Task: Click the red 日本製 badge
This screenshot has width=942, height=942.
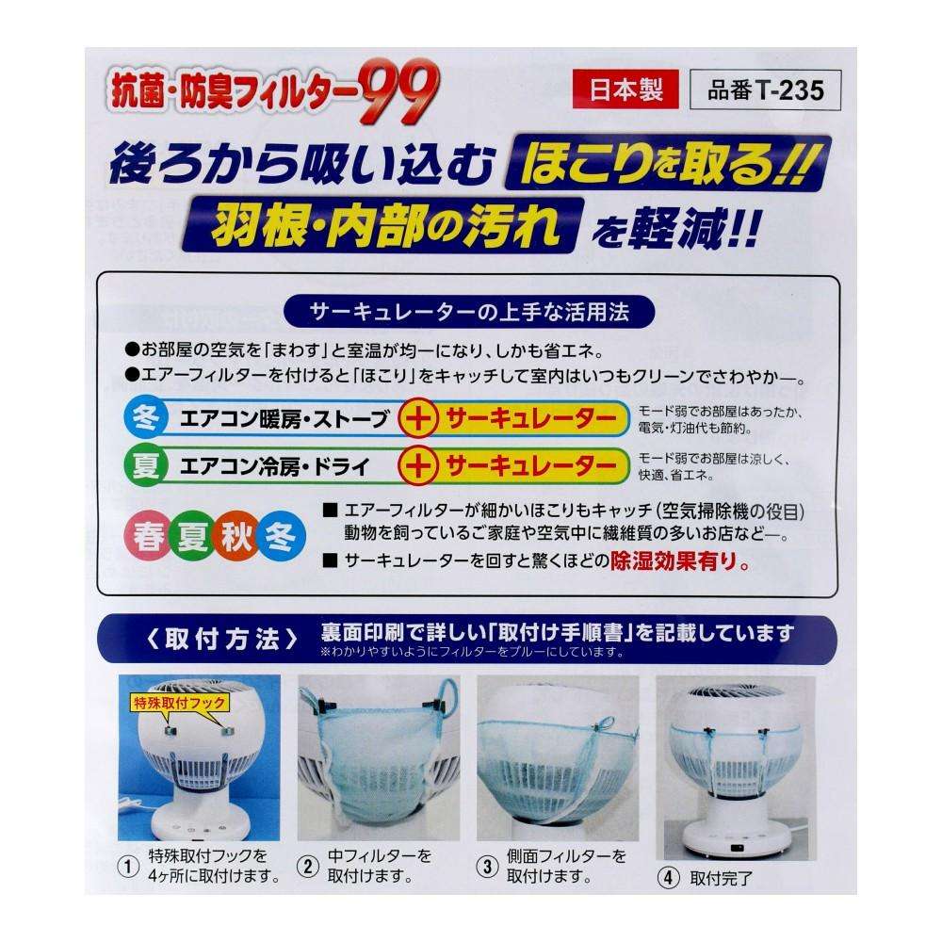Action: pos(625,89)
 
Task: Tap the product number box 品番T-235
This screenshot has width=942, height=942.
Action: pos(765,90)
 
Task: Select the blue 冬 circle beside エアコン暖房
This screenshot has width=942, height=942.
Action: pos(145,417)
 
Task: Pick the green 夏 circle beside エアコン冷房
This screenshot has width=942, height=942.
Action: pos(145,465)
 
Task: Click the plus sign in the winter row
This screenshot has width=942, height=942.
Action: pos(419,418)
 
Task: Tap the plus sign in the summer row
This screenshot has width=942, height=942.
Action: pos(419,465)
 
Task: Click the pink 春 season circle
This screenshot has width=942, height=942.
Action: pos(148,536)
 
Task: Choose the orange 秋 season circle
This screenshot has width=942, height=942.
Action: pos(236,536)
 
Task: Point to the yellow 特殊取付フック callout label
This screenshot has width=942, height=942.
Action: pos(180,703)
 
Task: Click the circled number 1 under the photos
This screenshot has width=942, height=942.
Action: pos(127,867)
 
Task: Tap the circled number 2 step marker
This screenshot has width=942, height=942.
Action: pos(308,867)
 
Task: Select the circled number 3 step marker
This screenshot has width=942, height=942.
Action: pos(487,867)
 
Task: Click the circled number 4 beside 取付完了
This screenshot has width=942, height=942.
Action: pos(668,878)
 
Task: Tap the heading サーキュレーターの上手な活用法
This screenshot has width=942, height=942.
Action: pos(469,312)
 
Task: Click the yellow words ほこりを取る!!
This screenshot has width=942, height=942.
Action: pos(668,163)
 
